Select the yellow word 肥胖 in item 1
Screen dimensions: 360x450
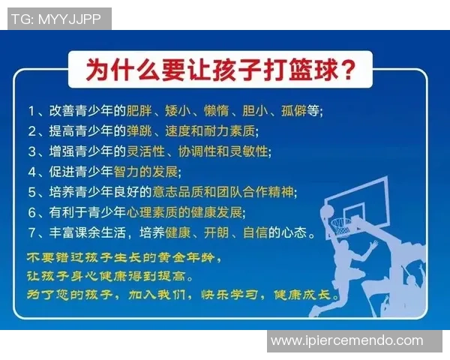(x=139, y=110)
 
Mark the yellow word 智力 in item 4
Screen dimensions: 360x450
(x=139, y=171)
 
